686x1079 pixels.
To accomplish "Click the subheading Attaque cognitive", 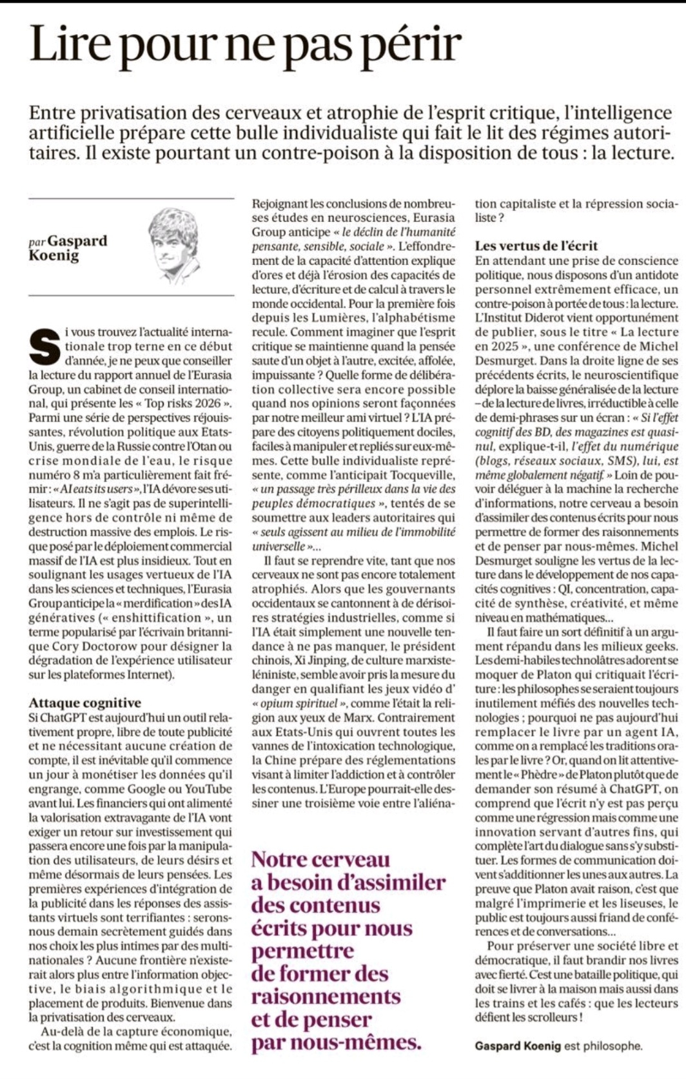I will tap(85, 703).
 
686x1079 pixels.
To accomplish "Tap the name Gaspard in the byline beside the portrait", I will tap(77, 240).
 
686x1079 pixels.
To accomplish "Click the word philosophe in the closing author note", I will tap(612, 1046).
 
